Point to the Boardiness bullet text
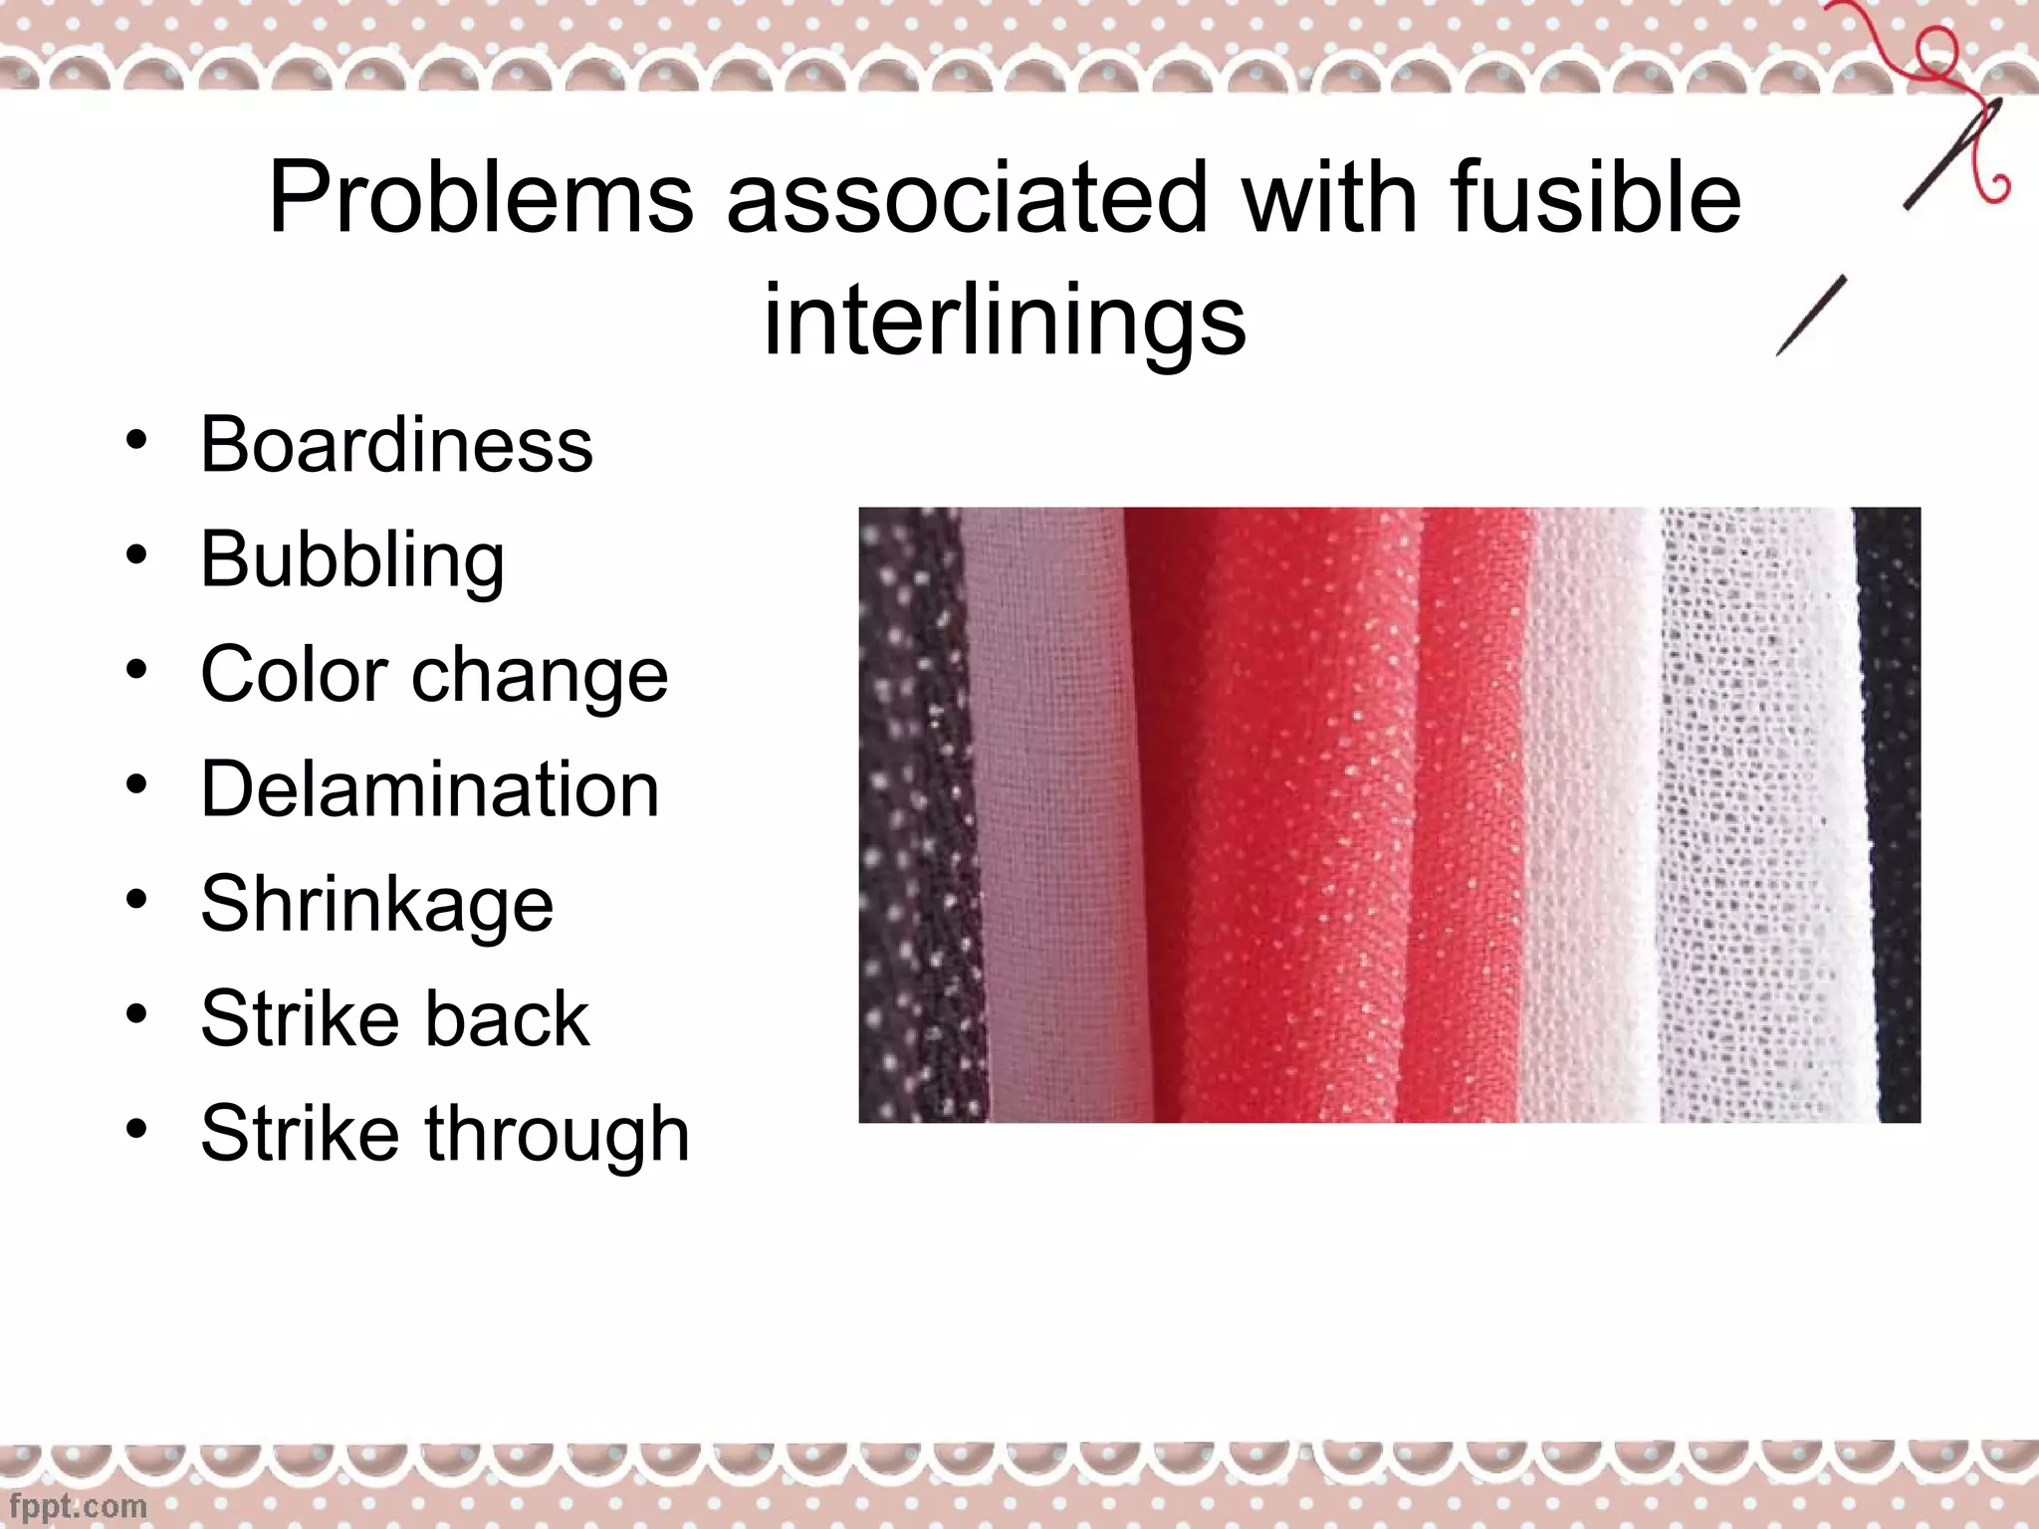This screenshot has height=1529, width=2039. pos(396,444)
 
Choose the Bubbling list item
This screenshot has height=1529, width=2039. pos(352,559)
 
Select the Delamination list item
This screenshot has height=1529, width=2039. pos(430,789)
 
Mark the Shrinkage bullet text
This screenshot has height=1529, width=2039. pos(376,904)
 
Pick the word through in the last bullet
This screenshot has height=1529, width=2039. pos(558,1135)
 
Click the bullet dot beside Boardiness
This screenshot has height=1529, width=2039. pos(136,439)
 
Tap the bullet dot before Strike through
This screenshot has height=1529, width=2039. pos(136,1129)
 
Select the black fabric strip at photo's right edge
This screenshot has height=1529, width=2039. pos(1890,816)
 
